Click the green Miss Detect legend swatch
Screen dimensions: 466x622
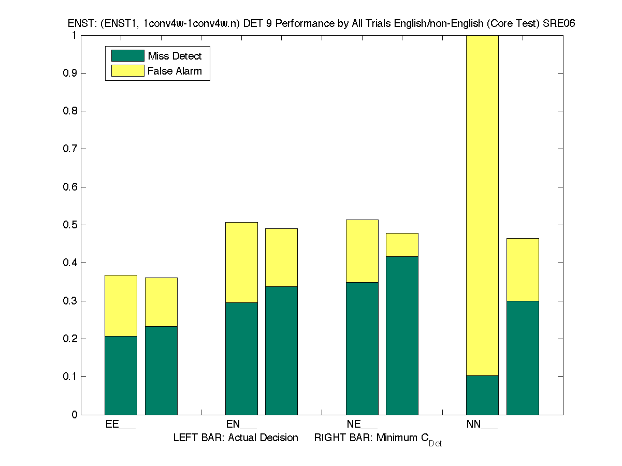(x=127, y=56)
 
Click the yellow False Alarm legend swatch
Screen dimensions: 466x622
(x=127, y=71)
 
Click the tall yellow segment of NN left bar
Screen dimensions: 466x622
(x=482, y=207)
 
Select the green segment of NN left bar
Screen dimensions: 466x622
(x=482, y=395)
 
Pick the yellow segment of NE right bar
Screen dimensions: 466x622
(x=402, y=245)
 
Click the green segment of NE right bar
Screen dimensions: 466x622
(x=402, y=336)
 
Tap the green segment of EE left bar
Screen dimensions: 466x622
(x=121, y=375)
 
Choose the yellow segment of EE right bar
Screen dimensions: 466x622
(x=161, y=302)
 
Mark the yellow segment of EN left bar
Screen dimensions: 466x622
(x=241, y=263)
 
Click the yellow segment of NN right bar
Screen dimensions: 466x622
(x=523, y=270)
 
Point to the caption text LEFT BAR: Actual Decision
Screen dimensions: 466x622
(x=236, y=438)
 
